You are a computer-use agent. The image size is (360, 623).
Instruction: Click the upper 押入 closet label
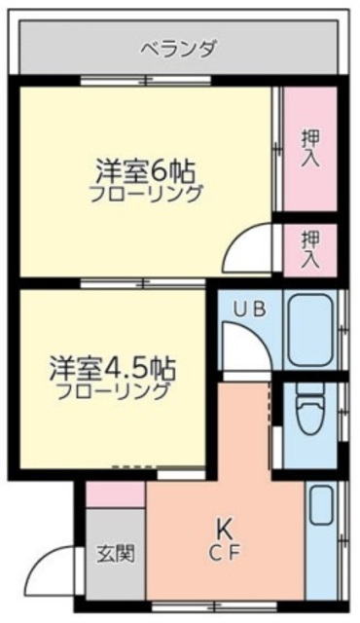point(309,146)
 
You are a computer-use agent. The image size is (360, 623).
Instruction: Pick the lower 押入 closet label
point(309,247)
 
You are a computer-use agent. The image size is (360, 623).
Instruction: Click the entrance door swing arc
point(62,569)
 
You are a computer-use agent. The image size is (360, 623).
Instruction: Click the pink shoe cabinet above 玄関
point(115,495)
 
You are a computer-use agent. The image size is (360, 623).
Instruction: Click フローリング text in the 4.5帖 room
point(112,393)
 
